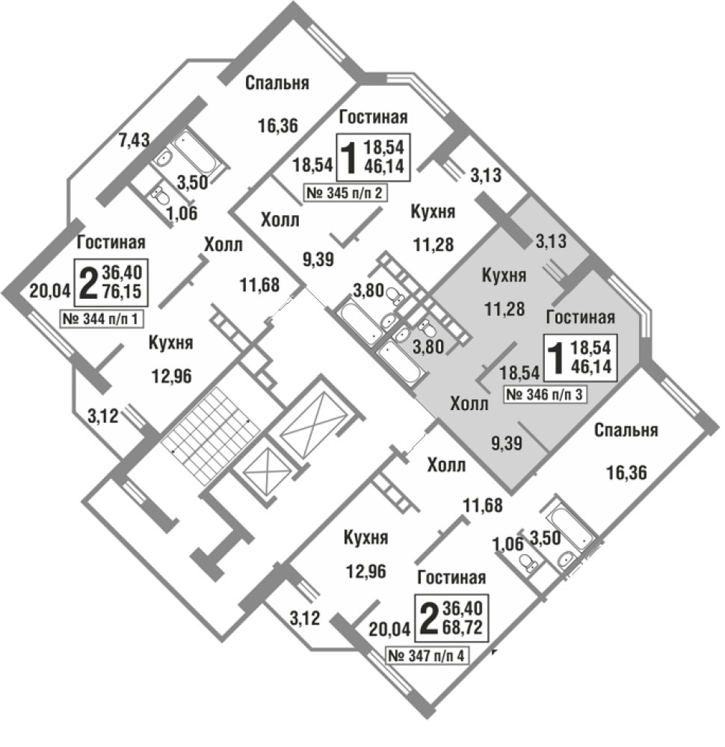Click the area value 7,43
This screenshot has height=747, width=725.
click(x=136, y=138)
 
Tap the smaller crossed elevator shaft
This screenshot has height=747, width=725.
click(x=262, y=470)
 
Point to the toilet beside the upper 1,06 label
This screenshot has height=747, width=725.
click(x=158, y=196)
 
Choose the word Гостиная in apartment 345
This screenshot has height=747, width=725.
click(x=373, y=117)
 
